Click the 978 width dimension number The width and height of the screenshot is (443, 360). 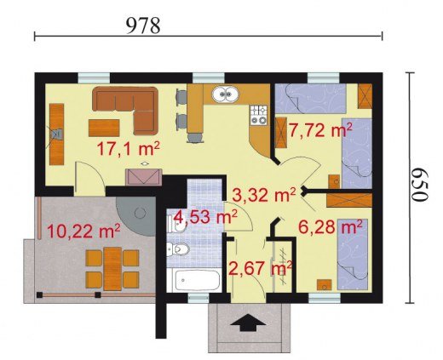tap(143, 26)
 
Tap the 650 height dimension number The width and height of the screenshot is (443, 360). tap(419, 185)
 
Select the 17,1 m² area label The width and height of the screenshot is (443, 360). tap(129, 149)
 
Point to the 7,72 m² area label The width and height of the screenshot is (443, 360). tap(320, 130)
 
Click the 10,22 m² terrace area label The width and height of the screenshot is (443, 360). tap(83, 231)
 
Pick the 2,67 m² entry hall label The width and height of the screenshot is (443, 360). tap(261, 268)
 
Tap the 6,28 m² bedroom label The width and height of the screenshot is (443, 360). tap(331, 227)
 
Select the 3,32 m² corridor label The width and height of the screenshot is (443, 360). tap(264, 194)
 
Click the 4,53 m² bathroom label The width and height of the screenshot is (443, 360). tap(205, 217)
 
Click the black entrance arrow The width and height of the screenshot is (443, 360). tap(248, 323)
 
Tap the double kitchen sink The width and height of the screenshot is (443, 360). tap(226, 94)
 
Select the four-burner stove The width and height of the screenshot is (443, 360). tap(259, 115)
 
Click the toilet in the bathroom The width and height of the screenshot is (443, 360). tap(178, 249)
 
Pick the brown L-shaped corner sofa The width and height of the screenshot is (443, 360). tap(125, 110)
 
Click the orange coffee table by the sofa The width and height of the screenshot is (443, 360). tap(104, 128)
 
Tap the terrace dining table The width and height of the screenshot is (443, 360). tap(112, 269)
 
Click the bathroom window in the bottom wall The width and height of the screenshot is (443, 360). tap(198, 298)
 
